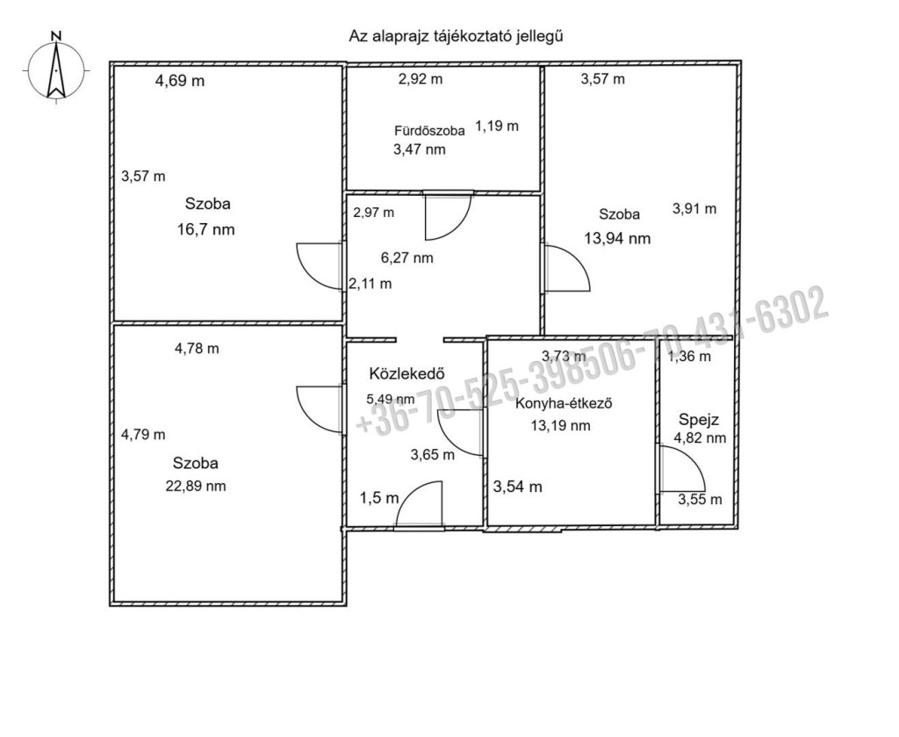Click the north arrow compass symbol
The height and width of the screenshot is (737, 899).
[56, 69]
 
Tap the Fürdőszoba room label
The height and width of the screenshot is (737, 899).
[429, 131]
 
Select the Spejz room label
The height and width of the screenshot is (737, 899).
[699, 421]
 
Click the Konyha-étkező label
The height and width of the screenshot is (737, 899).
[564, 403]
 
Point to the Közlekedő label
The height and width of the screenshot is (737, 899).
[407, 373]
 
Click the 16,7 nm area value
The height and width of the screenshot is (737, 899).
[206, 230]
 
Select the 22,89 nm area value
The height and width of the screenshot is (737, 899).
[196, 487]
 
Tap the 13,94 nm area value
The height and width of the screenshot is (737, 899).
[617, 239]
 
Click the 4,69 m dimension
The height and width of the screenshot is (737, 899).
[180, 81]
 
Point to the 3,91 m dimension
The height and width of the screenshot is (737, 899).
[694, 209]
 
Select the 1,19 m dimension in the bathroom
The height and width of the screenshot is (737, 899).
[497, 126]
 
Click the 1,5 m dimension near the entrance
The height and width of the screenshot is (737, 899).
[379, 498]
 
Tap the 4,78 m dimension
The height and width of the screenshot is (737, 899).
[197, 348]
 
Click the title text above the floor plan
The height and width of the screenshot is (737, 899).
[457, 36]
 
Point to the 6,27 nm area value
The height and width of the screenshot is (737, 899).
[407, 258]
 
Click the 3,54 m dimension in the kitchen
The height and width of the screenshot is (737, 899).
[518, 487]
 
